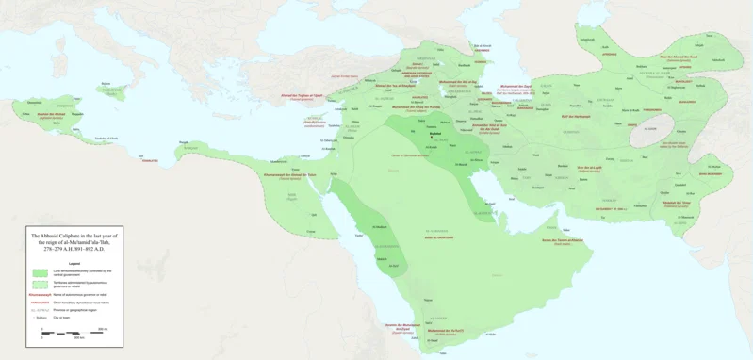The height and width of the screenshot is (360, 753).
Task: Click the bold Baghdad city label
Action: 434,133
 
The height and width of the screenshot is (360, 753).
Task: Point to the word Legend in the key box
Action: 74,263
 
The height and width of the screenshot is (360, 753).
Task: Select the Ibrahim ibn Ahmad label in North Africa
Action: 52,115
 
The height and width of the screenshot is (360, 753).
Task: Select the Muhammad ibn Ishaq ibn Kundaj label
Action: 416,107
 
